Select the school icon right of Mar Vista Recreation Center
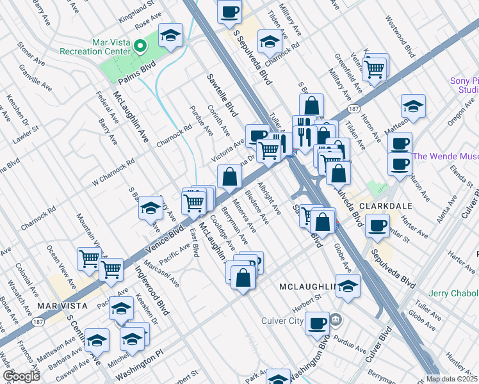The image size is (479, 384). [171, 36]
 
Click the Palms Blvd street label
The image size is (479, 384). [138, 77]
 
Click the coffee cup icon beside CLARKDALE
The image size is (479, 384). [377, 225]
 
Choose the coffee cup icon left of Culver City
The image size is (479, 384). [317, 323]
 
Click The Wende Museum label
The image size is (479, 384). [446, 156]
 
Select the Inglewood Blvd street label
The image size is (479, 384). [152, 291]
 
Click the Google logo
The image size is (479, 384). [20, 376]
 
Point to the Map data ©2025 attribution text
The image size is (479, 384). [451, 379]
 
